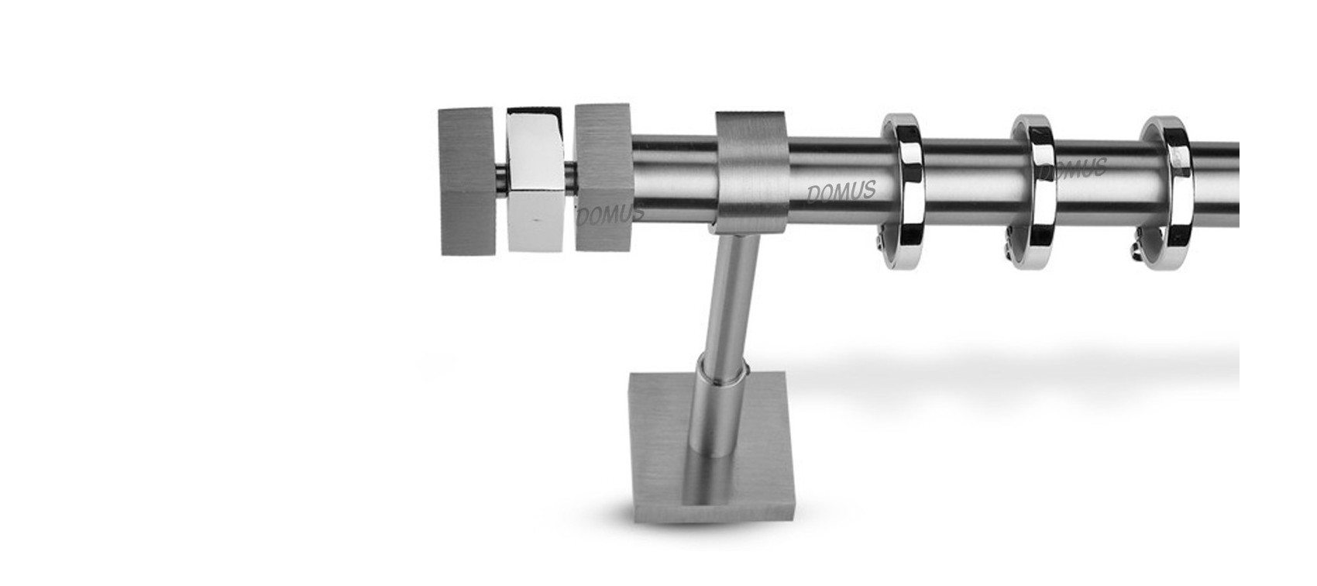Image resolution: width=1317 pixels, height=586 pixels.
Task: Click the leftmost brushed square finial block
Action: pos(468,181)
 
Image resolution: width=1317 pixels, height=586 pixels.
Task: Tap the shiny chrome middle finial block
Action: pos(535,179)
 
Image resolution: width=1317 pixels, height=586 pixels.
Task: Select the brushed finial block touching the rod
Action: pos(603,177)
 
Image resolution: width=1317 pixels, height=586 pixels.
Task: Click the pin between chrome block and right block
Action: pos(569,176)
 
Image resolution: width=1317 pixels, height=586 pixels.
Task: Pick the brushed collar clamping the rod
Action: pos(752,172)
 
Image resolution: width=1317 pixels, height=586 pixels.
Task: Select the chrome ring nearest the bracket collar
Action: pos(903,191)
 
